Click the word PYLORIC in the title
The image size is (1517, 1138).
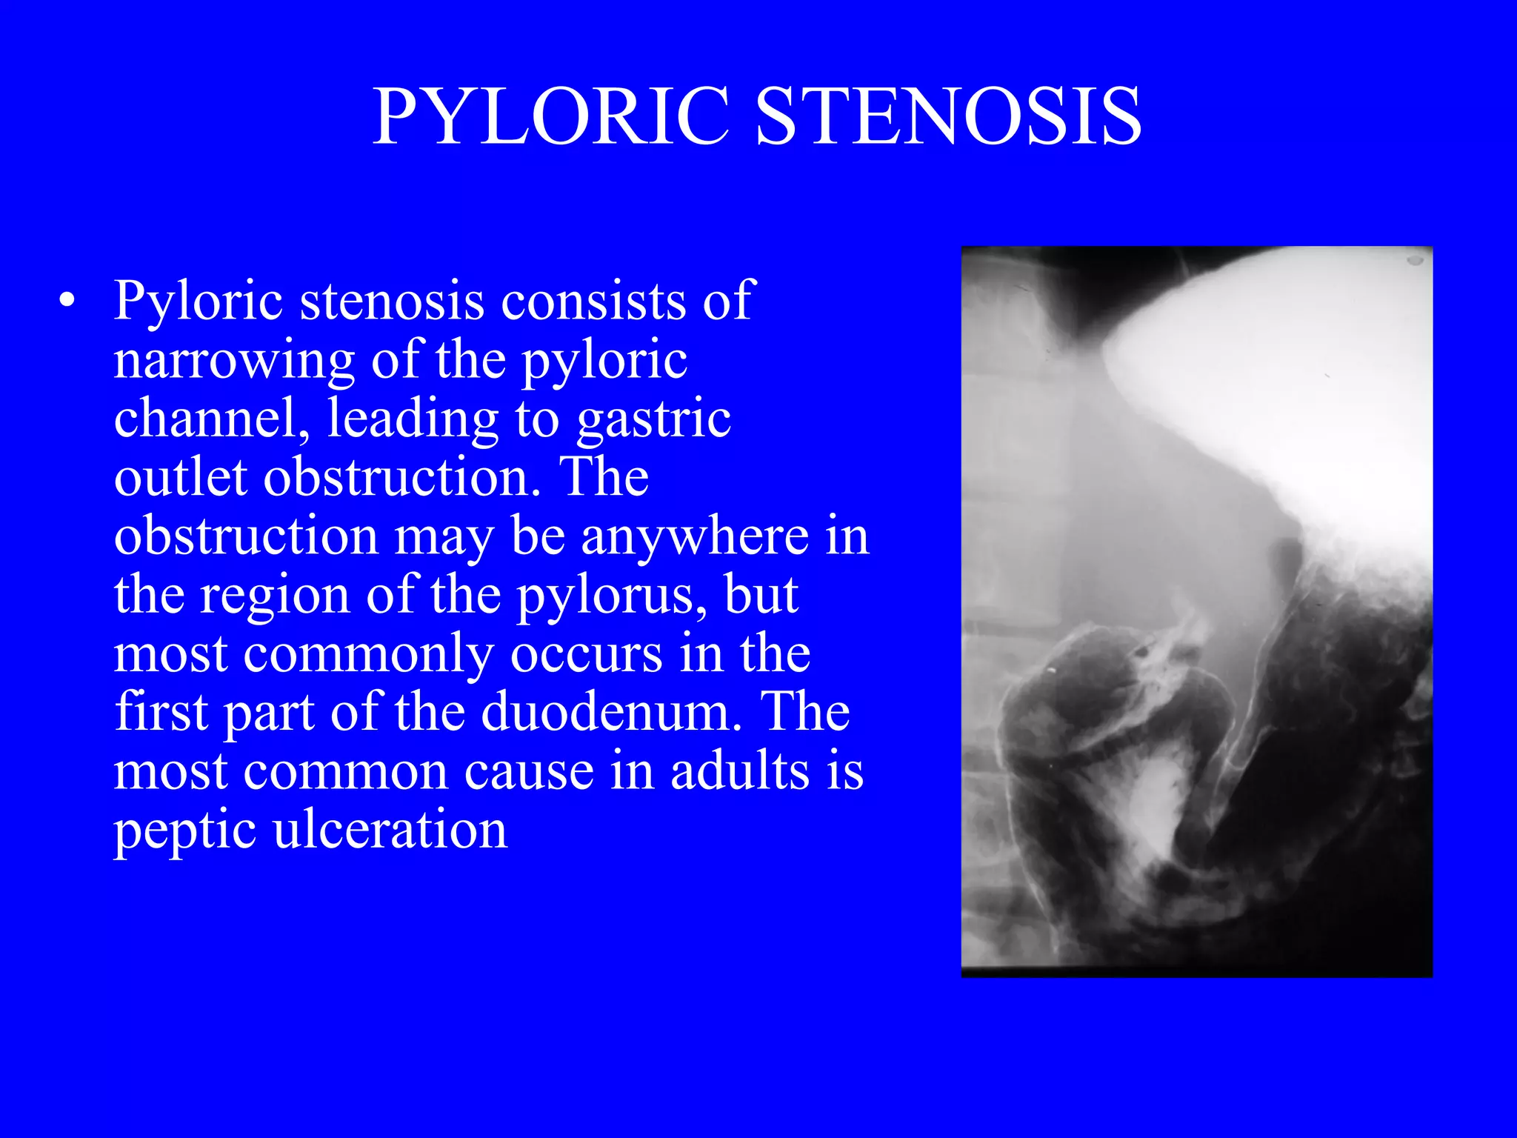pos(551,117)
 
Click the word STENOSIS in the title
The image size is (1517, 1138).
pos(949,117)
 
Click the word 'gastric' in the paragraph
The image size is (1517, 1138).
pos(653,419)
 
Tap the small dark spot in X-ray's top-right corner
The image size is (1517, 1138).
pos(1414,260)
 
